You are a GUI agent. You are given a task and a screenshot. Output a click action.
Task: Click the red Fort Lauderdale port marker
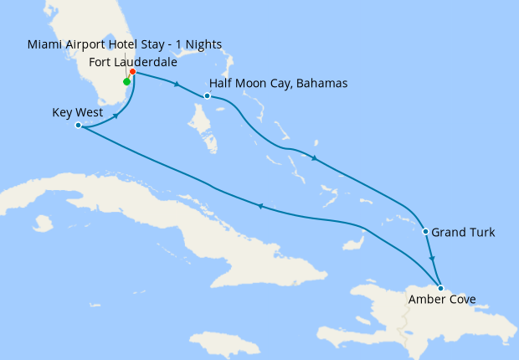[132, 72]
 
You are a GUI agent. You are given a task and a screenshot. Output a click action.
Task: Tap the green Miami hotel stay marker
[126, 82]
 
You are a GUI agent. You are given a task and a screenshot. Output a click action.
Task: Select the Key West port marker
[78, 126]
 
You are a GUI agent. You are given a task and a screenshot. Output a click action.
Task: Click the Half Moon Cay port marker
[207, 95]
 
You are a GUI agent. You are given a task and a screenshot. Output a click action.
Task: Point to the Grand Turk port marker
[426, 232]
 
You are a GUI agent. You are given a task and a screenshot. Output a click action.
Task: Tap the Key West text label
[77, 112]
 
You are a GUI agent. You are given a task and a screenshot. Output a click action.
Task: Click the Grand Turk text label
[464, 232]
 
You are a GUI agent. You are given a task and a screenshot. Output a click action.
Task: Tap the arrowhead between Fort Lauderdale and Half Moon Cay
[176, 84]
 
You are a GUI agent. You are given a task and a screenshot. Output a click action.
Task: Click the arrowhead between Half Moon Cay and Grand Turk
[313, 158]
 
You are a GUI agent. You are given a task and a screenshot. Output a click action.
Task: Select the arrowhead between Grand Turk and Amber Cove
[432, 258]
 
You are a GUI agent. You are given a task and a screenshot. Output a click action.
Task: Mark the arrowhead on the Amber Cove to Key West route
[260, 208]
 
